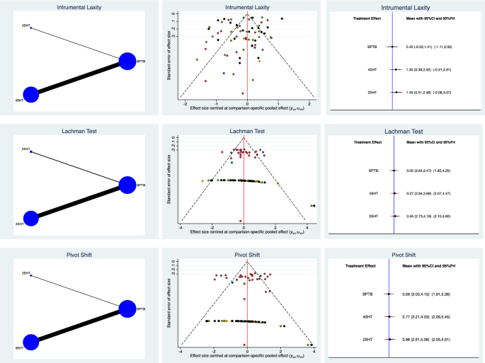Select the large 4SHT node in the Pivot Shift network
30,342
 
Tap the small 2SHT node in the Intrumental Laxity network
31,28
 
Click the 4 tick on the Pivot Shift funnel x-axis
312,351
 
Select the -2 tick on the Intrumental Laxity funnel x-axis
186,103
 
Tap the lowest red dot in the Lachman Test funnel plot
241,221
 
